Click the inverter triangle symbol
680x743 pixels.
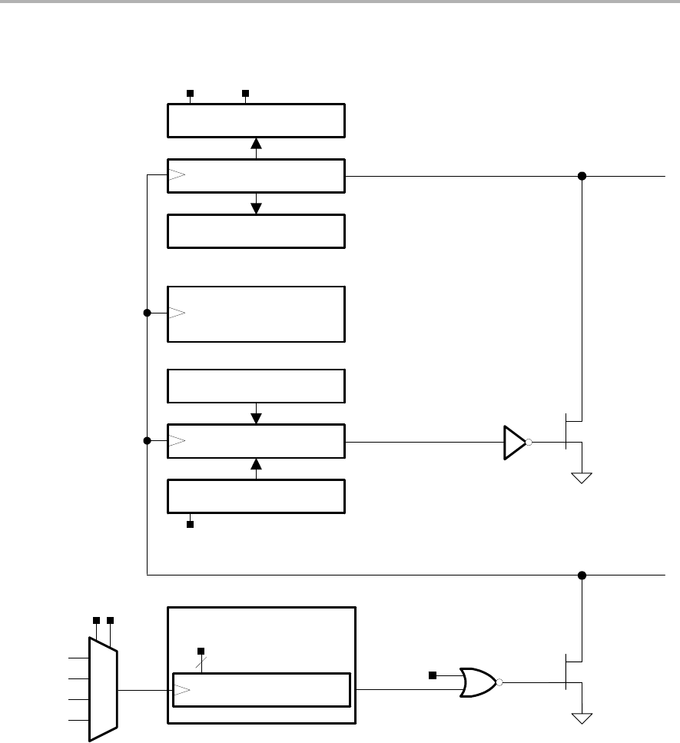click(x=514, y=443)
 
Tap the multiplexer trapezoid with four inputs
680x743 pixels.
click(x=103, y=689)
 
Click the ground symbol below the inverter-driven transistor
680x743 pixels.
click(x=582, y=477)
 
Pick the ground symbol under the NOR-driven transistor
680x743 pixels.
click(x=582, y=718)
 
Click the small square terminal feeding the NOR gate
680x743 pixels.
click(x=432, y=675)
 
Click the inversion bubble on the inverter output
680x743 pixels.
click(x=529, y=443)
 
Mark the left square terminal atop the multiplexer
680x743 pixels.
click(x=96, y=619)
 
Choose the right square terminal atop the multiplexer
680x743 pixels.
click(x=111, y=619)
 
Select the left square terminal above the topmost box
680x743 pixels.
click(x=190, y=93)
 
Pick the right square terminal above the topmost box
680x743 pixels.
click(x=246, y=93)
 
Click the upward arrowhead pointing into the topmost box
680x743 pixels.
click(x=257, y=143)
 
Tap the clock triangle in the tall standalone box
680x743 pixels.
click(x=177, y=313)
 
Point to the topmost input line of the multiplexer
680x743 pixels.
click(x=79, y=658)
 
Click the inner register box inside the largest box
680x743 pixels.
click(x=261, y=689)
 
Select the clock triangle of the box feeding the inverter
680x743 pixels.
click(x=177, y=441)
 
